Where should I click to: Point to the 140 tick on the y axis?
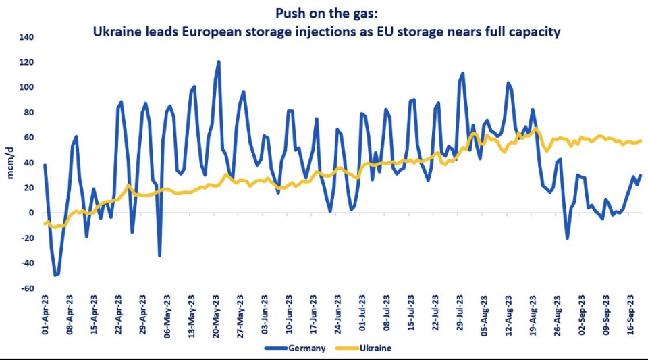click(x=26, y=37)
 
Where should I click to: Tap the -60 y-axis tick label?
click(x=26, y=288)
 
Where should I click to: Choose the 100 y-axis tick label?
click(x=26, y=87)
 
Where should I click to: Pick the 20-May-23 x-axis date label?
click(x=217, y=316)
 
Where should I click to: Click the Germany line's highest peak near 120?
click(x=219, y=62)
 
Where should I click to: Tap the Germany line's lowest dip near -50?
click(x=55, y=275)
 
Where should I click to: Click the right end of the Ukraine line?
click(x=640, y=140)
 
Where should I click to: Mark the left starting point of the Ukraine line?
click(x=45, y=224)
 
